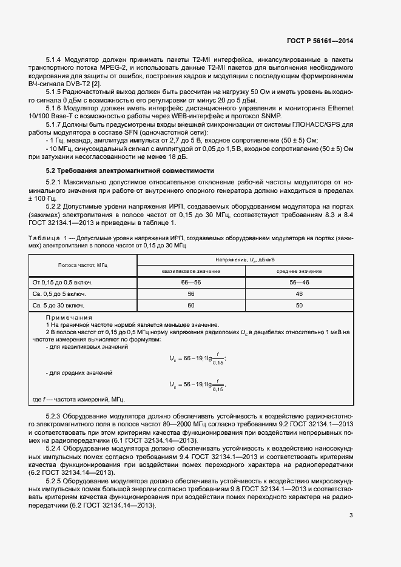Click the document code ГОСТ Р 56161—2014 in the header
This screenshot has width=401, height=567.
[319, 41]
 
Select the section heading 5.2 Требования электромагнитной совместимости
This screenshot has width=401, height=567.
[129, 170]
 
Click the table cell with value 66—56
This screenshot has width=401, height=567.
[191, 283]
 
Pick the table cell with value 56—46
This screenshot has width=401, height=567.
[299, 283]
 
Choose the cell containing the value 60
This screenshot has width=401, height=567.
[191, 306]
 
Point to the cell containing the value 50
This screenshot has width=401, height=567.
[299, 306]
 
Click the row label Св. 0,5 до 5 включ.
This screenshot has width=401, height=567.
[58, 294]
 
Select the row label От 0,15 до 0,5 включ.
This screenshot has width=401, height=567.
[62, 283]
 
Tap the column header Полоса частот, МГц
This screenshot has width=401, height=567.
[83, 266]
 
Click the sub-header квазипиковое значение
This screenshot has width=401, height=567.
[191, 271]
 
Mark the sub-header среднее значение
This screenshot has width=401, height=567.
[299, 271]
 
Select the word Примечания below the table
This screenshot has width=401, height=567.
[69, 318]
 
